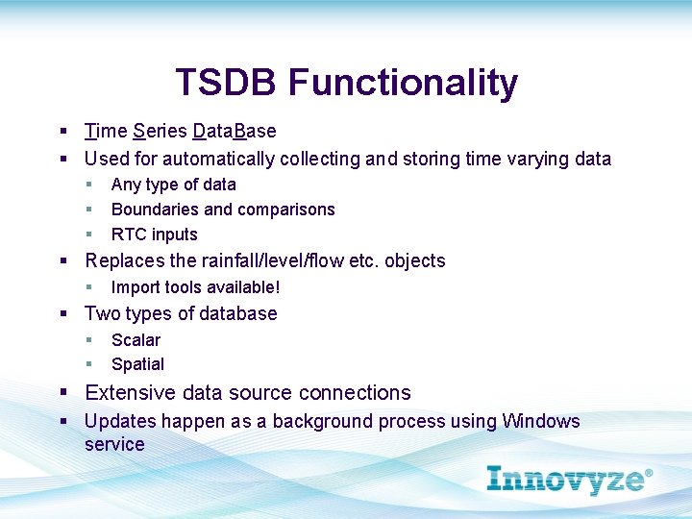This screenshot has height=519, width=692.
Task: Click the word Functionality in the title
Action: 403,84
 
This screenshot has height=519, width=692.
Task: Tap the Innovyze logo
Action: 569,479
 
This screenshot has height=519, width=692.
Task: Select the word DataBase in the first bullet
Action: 235,131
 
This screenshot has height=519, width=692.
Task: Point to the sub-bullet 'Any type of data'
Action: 173,185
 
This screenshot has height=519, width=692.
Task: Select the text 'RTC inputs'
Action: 154,235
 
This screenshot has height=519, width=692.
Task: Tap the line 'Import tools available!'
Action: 195,287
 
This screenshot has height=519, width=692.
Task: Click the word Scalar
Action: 136,340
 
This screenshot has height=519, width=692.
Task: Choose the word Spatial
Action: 137,364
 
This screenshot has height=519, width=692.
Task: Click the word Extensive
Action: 127,393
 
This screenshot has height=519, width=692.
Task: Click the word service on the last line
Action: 114,444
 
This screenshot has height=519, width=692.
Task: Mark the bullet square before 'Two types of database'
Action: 63,314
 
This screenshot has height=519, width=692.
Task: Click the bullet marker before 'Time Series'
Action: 63,132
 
